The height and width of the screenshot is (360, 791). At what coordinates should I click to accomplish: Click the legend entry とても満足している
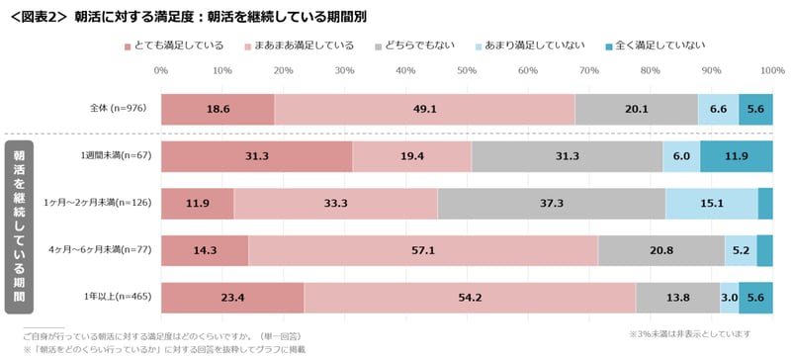[177, 45]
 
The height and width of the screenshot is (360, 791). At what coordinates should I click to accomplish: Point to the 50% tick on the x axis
[467, 70]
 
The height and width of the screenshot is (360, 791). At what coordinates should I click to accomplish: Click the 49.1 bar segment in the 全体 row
[424, 109]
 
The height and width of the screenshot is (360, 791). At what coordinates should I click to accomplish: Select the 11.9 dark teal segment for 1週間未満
[736, 156]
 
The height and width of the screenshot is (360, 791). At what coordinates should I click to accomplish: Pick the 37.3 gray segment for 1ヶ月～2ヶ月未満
[551, 204]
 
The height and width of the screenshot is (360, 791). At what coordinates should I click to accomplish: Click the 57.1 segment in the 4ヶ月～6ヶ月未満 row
[422, 251]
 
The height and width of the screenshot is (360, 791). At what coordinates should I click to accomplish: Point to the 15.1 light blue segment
[711, 204]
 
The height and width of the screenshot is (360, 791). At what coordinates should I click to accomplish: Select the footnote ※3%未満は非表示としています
[697, 333]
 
